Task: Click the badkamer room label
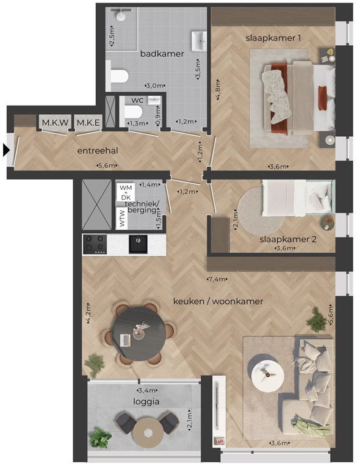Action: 162,54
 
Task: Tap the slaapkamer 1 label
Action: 273,38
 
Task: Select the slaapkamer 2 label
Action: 288,239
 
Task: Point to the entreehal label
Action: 98,151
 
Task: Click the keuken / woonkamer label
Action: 218,301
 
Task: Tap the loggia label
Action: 146,402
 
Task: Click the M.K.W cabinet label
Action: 56,123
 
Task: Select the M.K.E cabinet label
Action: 88,123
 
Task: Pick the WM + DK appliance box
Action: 126,192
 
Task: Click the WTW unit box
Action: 122,219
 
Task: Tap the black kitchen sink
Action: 138,244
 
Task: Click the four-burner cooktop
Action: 95,244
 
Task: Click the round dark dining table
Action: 139,334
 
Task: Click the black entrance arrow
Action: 6,150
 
